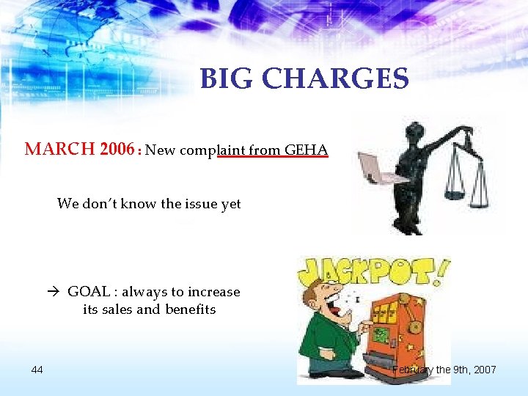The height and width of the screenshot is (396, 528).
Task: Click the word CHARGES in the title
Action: click(337, 78)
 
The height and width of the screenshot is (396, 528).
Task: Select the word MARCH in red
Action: click(60, 150)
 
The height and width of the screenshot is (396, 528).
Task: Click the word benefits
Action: click(189, 309)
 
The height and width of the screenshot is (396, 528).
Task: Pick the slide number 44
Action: click(37, 369)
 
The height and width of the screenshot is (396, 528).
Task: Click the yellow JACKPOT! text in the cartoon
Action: click(370, 271)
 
